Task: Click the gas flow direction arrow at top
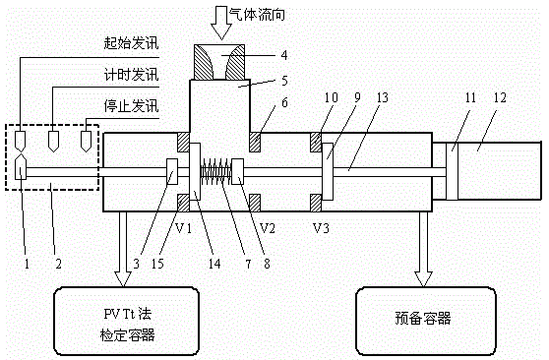tap(221, 22)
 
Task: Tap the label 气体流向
tap(257, 15)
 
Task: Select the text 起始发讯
tap(131, 43)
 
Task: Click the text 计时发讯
tap(131, 75)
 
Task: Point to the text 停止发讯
tap(131, 106)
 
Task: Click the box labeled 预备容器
tap(426, 321)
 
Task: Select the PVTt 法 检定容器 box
tap(126, 321)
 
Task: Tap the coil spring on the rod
tap(216, 171)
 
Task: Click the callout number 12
tap(500, 97)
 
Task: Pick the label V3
tap(321, 228)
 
